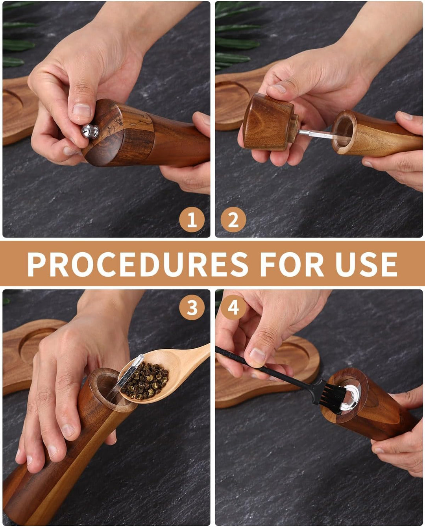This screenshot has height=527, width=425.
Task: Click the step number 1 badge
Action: tap(192, 220)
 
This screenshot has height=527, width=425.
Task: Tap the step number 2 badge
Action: tap(233, 220)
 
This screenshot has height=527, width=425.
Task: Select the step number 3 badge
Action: tap(192, 307)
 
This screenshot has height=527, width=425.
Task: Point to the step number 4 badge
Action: tap(233, 307)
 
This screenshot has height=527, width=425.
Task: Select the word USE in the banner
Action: tap(366, 264)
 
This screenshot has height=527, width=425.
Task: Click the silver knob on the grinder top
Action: tap(90, 131)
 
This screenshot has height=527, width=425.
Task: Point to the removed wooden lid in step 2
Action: tap(270, 122)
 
